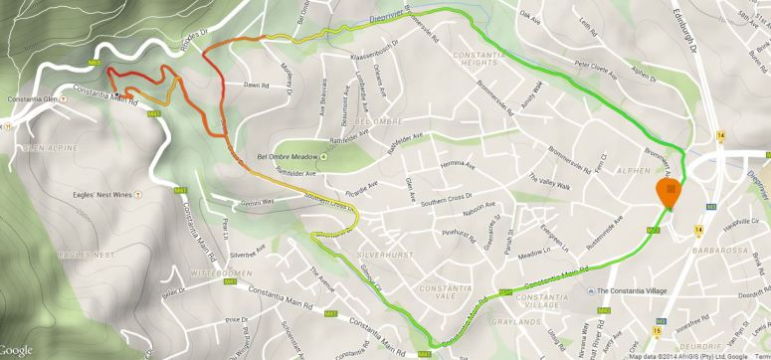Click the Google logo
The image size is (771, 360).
tap(19, 350)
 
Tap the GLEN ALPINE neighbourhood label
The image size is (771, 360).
tap(30, 146)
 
